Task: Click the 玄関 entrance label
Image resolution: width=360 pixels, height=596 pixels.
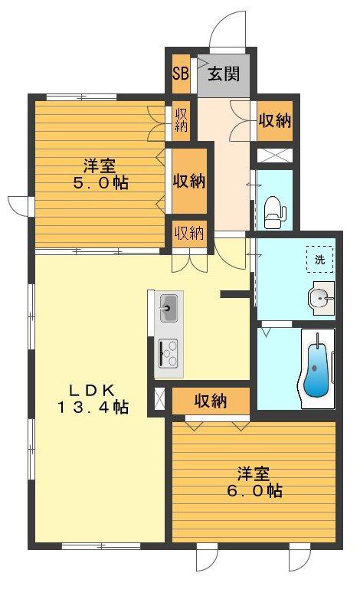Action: click(x=224, y=74)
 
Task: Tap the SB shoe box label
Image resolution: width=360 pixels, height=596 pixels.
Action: click(x=181, y=74)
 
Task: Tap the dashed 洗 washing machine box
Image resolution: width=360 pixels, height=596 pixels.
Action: click(x=319, y=259)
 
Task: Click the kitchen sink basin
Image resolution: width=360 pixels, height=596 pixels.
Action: click(x=169, y=307)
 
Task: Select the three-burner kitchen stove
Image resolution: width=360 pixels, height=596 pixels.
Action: click(x=168, y=353)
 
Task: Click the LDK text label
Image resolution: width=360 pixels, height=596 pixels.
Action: click(x=91, y=390)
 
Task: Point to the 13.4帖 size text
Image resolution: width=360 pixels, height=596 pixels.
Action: click(x=93, y=408)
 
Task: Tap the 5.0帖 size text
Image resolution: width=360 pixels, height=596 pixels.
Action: click(x=101, y=183)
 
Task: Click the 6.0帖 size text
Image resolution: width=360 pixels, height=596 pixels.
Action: click(x=255, y=491)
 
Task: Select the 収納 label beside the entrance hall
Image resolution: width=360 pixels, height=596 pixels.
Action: click(x=274, y=121)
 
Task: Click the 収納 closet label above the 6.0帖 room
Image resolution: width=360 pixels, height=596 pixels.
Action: click(x=211, y=401)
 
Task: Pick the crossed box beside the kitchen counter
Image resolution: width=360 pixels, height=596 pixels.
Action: click(x=159, y=401)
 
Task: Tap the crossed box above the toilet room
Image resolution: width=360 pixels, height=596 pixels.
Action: click(x=275, y=155)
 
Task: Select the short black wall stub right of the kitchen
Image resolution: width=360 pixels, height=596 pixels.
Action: click(x=235, y=294)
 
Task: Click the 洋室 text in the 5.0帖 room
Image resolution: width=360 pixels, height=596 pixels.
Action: click(x=100, y=166)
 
